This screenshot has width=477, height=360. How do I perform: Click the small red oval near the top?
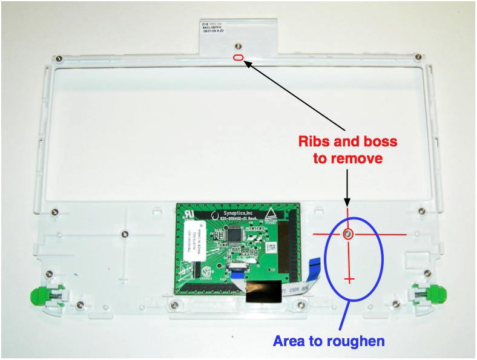pyautogui.click(x=238, y=57)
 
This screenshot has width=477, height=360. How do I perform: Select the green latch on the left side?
pyautogui.click(x=39, y=295)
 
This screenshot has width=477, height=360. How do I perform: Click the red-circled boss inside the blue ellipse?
pyautogui.click(x=349, y=234)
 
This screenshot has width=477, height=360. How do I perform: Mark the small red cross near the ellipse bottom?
pyautogui.click(x=349, y=279)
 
